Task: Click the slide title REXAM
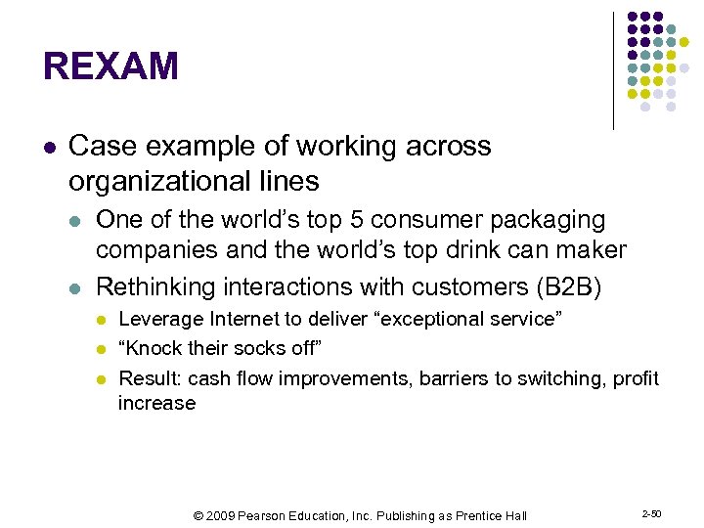click(x=110, y=67)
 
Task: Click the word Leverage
click(x=160, y=319)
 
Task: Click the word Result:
click(x=150, y=378)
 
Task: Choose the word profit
click(x=637, y=378)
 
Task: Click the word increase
click(x=156, y=403)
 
